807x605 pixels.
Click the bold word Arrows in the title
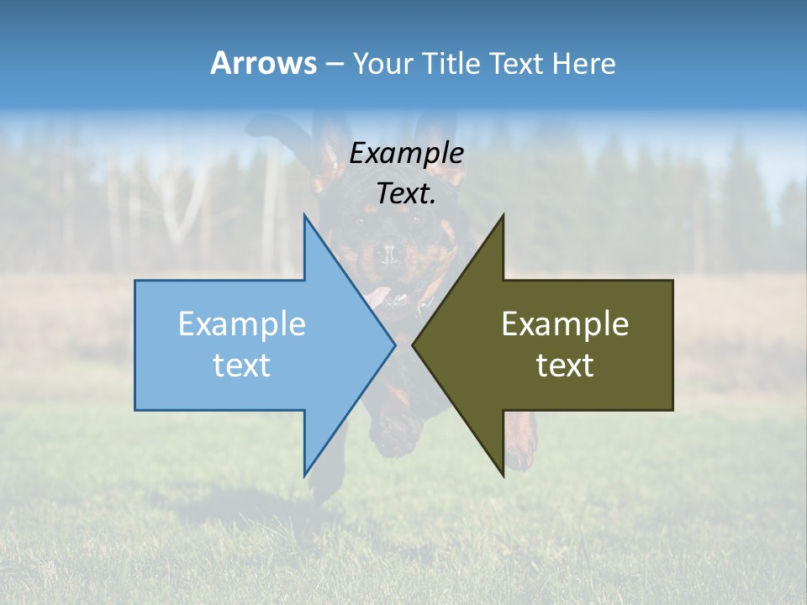coord(263,63)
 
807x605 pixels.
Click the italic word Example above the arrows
coord(406,153)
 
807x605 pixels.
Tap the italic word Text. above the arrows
coord(406,193)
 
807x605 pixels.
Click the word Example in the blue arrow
coord(242,324)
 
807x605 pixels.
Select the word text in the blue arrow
coord(242,366)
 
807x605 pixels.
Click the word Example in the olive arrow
coord(565,324)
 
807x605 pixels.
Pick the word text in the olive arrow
coord(565,366)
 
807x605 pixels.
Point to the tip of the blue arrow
coord(395,345)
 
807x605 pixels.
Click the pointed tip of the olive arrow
coord(413,345)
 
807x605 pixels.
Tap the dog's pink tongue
coord(378,295)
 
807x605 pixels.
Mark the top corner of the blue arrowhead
coord(304,215)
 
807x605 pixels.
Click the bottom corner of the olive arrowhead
coord(504,476)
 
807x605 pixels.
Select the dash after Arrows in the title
coord(334,64)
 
